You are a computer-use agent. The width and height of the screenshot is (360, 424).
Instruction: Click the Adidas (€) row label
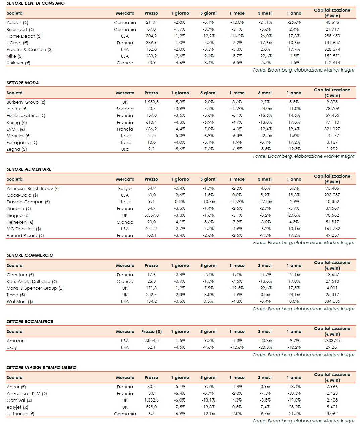(17, 22)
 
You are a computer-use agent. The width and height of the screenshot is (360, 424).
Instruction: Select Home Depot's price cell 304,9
(151, 36)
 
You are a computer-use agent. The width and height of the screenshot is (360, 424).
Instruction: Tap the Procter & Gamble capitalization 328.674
(332, 49)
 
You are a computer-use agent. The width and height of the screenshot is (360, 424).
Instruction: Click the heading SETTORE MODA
(22, 83)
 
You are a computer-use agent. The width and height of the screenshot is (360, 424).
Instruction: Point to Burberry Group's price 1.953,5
(151, 102)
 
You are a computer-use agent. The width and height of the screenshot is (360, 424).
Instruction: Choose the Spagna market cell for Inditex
(125, 109)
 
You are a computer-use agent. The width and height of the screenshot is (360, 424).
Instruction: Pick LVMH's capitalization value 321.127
(332, 129)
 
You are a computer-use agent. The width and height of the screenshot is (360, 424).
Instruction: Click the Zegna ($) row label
(17, 149)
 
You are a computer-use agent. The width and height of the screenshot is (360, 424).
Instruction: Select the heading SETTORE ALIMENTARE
(29, 169)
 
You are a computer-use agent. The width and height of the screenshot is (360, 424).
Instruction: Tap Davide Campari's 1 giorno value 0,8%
(180, 202)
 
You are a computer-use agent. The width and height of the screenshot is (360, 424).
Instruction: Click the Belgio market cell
(125, 188)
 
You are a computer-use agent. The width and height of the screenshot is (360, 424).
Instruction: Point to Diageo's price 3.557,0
(151, 215)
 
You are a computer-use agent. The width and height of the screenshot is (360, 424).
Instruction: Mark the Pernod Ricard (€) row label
(25, 235)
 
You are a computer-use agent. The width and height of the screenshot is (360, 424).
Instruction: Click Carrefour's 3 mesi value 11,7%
(265, 275)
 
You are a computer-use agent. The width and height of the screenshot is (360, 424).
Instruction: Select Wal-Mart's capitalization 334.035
(332, 301)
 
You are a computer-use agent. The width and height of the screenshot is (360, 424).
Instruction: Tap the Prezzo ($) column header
(151, 331)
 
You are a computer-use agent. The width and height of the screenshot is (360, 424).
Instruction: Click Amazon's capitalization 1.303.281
(332, 341)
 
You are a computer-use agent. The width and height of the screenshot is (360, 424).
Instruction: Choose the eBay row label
(12, 347)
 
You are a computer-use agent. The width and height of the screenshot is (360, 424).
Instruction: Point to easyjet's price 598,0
(151, 407)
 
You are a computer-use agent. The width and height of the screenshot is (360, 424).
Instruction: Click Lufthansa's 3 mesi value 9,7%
(265, 414)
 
